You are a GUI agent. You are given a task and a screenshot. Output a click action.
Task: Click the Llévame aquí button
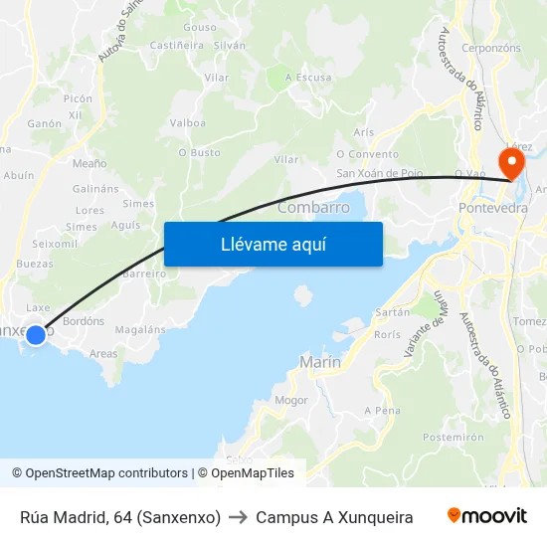(273, 244)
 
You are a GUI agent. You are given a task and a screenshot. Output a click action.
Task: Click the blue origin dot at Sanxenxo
(35, 335)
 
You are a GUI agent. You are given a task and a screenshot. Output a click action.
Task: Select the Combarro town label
(313, 207)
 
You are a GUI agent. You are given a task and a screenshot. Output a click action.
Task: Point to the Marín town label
(320, 363)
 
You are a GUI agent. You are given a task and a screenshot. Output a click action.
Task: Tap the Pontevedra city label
(493, 208)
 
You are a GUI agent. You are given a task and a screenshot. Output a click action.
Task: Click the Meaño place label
(90, 163)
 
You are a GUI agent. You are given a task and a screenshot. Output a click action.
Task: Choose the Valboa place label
(188, 123)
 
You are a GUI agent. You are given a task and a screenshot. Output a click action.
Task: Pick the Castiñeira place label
(177, 46)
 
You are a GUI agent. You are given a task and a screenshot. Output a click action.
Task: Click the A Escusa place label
(308, 77)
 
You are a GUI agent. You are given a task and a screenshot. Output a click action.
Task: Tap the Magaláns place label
(140, 329)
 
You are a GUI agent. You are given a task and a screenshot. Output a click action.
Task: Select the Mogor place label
(291, 400)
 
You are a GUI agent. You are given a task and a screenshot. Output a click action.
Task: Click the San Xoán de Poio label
(380, 173)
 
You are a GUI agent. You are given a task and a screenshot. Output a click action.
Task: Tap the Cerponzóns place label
(491, 47)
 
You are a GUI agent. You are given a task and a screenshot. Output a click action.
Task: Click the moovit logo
(487, 516)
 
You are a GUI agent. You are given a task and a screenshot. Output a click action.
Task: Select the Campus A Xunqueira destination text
(334, 517)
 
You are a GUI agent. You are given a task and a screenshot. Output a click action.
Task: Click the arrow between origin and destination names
(239, 517)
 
